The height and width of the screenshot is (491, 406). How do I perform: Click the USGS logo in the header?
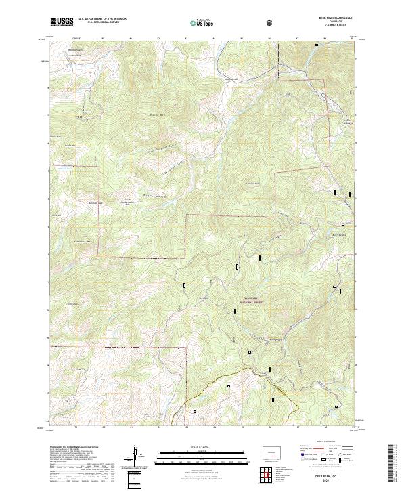(x=62, y=22)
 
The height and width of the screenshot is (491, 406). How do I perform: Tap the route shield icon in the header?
(x=271, y=22)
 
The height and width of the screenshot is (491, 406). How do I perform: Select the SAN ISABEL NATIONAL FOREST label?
(x=251, y=301)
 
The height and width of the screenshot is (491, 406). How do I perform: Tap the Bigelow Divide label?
(x=348, y=122)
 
